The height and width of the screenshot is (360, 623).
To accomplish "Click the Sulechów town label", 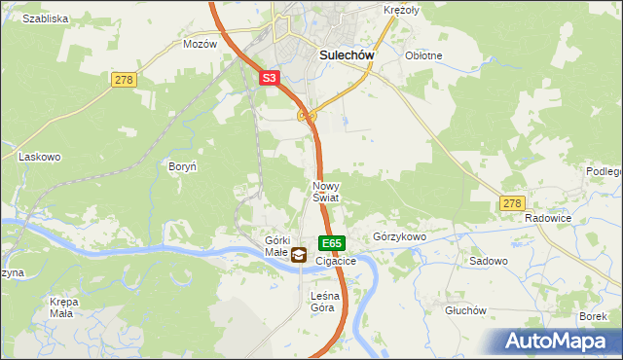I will [x=348, y=55].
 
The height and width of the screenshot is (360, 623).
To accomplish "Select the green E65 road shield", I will [x=331, y=242].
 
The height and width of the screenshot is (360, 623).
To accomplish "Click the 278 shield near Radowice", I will [x=512, y=203].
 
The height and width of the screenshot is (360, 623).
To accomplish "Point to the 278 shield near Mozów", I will [x=123, y=80].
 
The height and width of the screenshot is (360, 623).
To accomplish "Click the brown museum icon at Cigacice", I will [x=299, y=256].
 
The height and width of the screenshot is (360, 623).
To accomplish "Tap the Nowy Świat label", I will [x=325, y=191].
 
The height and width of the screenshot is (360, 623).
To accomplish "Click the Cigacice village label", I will [x=336, y=262].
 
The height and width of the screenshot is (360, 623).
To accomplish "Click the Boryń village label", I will [x=183, y=166].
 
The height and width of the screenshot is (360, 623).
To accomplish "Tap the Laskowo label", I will [x=40, y=156].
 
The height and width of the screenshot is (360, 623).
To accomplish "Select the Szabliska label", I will [x=45, y=18].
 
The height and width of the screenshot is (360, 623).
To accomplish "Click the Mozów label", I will [x=200, y=45].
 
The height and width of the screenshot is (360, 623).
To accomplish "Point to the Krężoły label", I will [x=400, y=9].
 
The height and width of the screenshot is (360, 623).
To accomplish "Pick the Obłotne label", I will [x=423, y=55].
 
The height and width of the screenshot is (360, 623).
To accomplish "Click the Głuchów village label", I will [x=464, y=310].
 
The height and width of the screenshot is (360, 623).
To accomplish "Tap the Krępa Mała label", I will [x=63, y=307].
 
